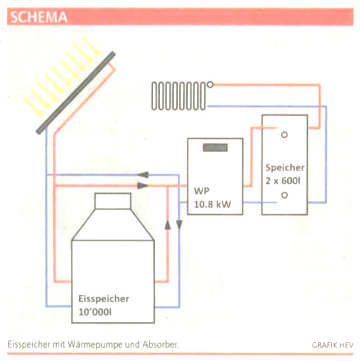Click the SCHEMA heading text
39,17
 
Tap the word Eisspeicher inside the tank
104,299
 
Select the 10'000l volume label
95,312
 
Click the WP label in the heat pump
201,191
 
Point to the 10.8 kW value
212,205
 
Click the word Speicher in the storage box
285,167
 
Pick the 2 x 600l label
283,181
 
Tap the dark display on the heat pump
215,148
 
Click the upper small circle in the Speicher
284,134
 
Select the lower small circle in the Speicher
284,195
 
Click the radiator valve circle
210,84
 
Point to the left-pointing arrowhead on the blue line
143,175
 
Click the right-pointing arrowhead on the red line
143,186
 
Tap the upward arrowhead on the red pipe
168,225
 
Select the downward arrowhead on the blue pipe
179,225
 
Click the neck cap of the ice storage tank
113,201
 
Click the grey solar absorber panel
76,93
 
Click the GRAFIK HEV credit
333,345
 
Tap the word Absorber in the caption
160,345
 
